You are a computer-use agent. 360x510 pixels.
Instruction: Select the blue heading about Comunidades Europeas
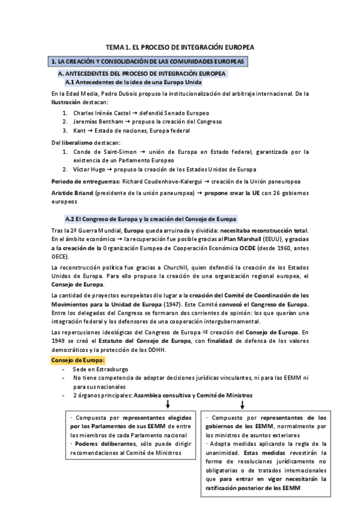click(x=147, y=61)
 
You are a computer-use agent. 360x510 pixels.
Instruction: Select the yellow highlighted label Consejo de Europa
click(x=78, y=360)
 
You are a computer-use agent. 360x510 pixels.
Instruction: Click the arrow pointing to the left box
click(x=168, y=405)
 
